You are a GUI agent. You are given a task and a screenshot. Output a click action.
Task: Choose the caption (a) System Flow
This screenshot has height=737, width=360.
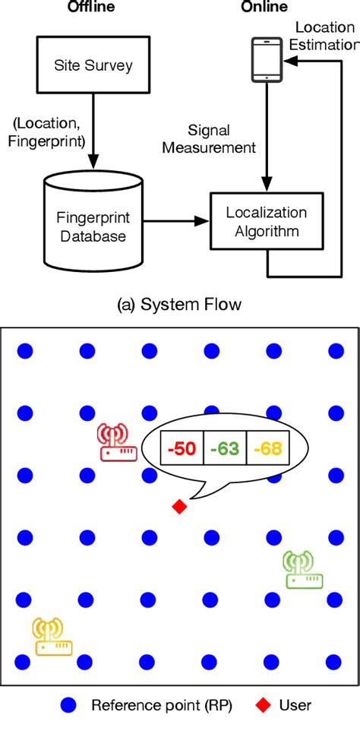[x=180, y=305]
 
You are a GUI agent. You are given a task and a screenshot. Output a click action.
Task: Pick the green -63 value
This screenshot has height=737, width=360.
[x=225, y=449]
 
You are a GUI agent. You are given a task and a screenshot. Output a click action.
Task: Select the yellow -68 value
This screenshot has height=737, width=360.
[x=267, y=449]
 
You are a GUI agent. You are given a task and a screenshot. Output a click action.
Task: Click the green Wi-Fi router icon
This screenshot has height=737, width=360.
[x=302, y=570]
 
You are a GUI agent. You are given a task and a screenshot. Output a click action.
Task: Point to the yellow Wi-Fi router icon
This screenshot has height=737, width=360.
[x=52, y=637]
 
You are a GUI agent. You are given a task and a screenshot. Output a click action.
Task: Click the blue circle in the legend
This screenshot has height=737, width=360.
[x=71, y=705]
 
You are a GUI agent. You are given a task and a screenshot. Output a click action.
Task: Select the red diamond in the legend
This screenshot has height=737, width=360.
[x=261, y=705]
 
